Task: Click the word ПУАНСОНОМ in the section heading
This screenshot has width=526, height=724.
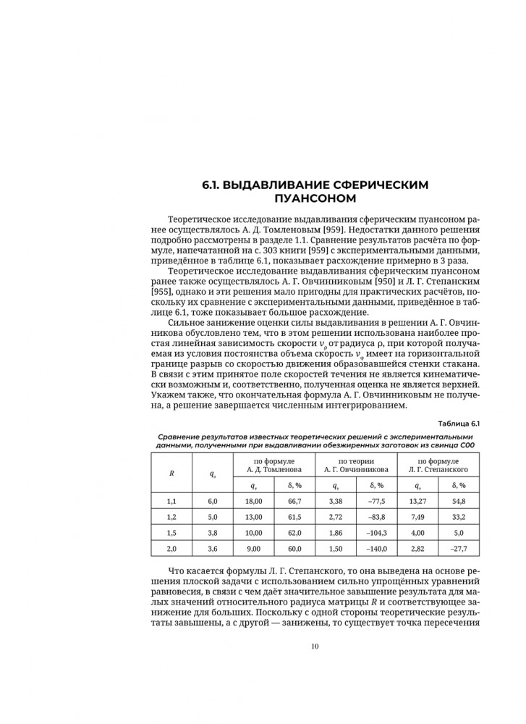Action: [315, 198]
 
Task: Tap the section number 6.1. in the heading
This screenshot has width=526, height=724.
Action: [212, 185]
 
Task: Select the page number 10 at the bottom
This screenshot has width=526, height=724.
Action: [315, 647]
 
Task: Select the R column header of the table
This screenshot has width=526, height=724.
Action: [171, 473]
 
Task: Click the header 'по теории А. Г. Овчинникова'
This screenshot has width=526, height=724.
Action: [355, 465]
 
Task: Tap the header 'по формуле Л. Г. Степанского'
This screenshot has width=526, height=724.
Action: [435, 465]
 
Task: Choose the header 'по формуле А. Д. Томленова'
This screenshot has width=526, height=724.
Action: [274, 465]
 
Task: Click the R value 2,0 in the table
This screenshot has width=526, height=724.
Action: [171, 549]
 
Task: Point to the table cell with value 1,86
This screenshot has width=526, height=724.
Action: [334, 533]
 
